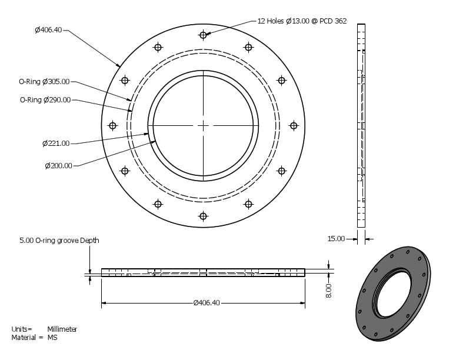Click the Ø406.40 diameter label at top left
[x=48, y=30]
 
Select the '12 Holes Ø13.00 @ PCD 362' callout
[x=302, y=21]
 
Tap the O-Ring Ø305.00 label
[x=44, y=82]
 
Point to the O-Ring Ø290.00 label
[x=45, y=100]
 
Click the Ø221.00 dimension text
[x=56, y=143]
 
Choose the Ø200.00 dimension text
[x=58, y=165]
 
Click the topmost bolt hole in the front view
[x=203, y=35]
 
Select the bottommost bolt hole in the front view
[x=203, y=216]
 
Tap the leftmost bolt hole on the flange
[x=112, y=125]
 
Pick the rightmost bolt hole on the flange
[x=294, y=125]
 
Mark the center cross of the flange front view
[x=203, y=125]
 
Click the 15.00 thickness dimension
[x=335, y=238]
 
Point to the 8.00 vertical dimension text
[x=329, y=290]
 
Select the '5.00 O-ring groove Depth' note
[x=59, y=241]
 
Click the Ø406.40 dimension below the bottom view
[x=207, y=303]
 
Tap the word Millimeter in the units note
[x=62, y=329]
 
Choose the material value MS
[x=52, y=337]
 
